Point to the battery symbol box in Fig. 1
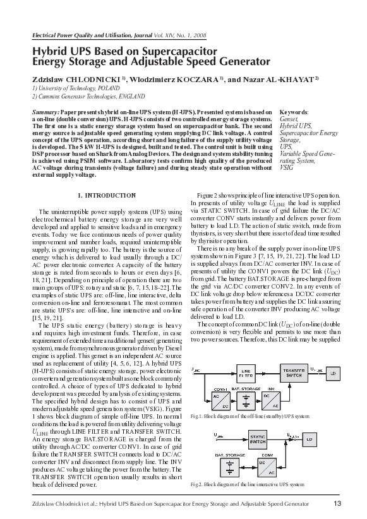pos(249,400)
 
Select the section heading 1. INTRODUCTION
pos(105,196)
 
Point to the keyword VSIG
pos(286,169)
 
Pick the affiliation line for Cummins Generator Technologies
pos(90,98)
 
